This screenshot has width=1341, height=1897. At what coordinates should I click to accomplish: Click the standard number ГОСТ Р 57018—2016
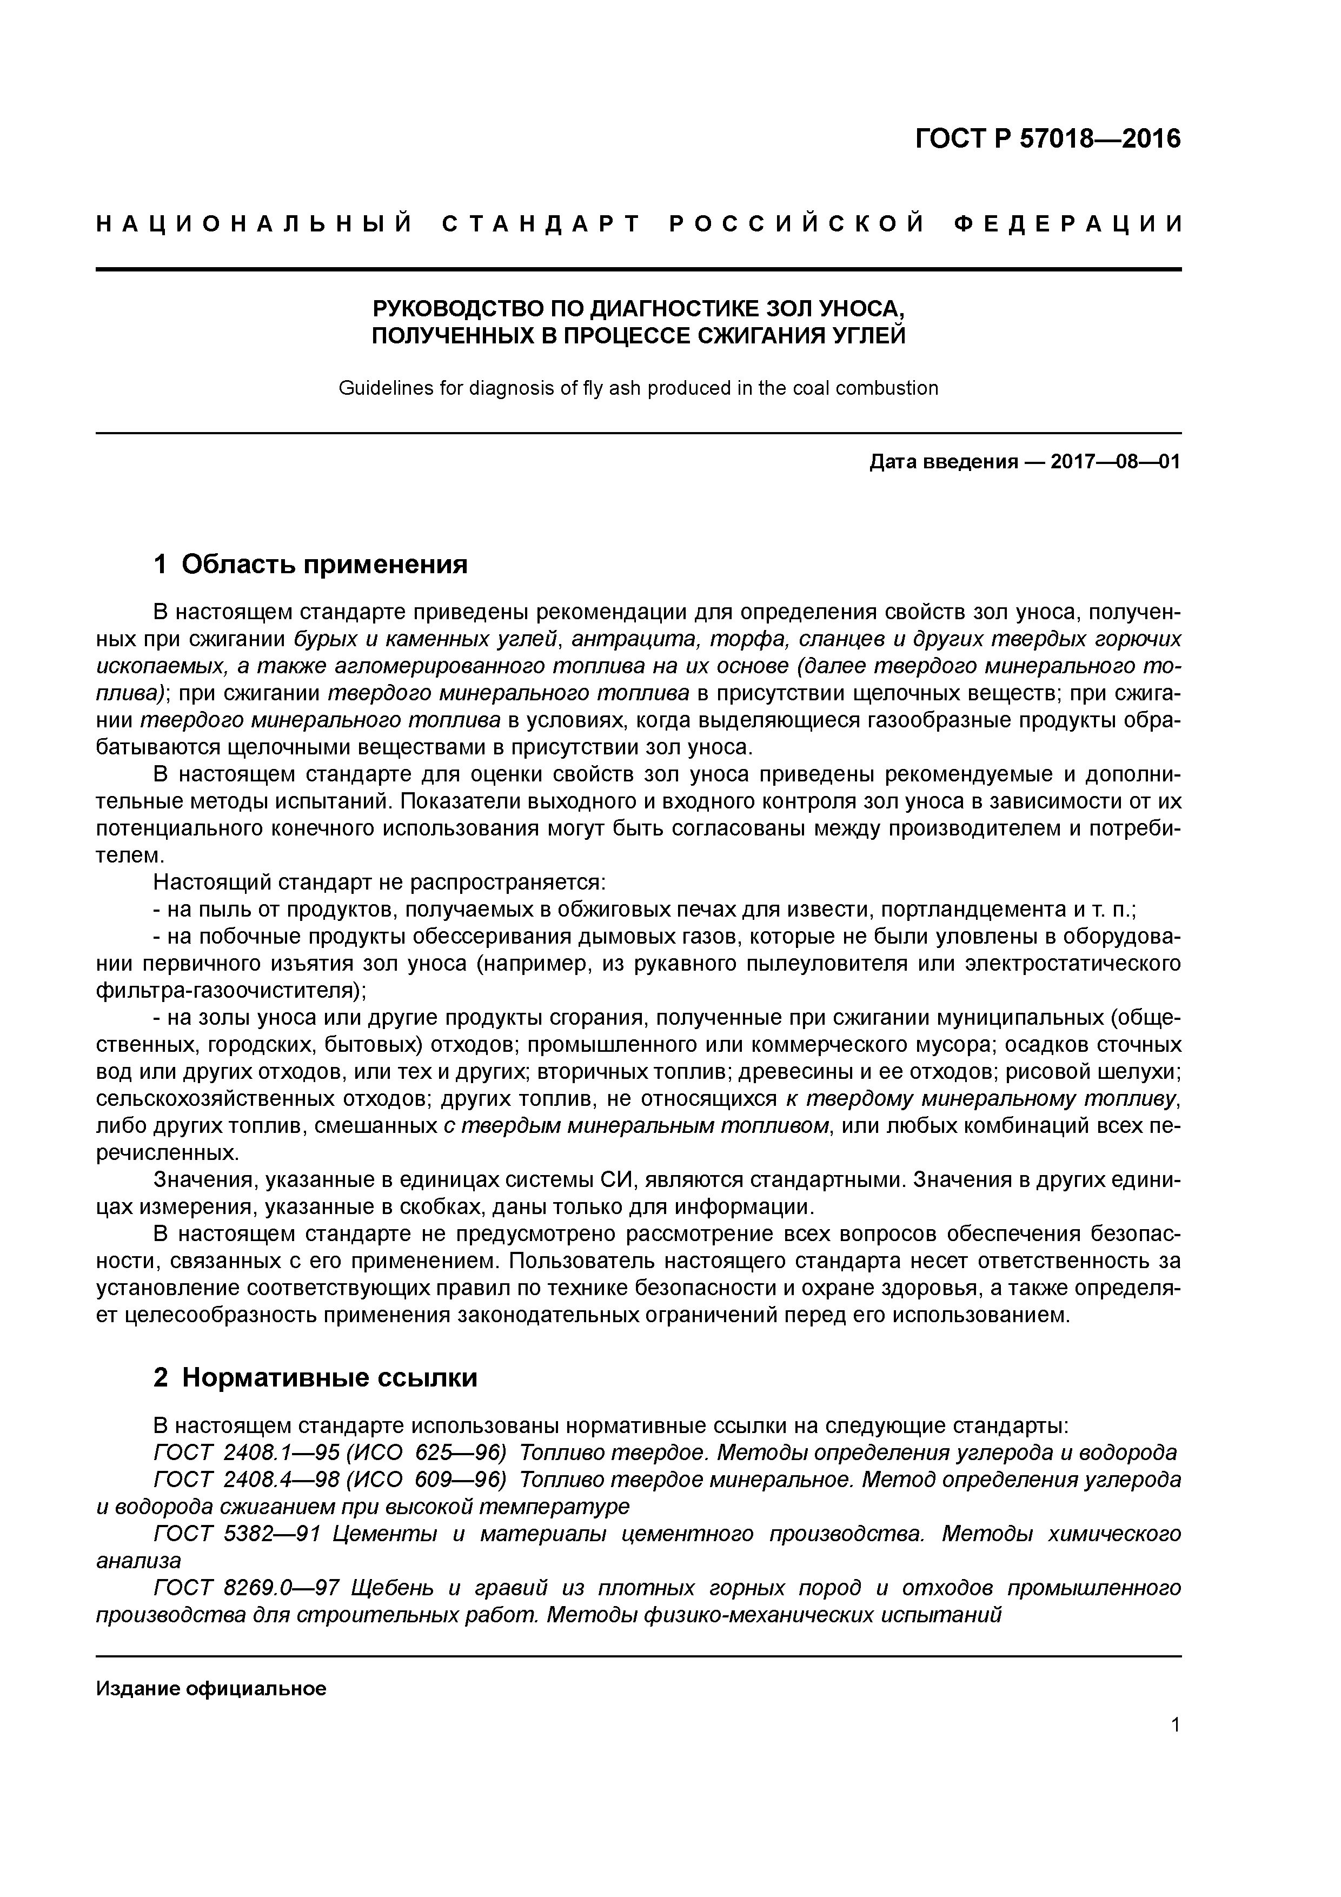pyautogui.click(x=1048, y=139)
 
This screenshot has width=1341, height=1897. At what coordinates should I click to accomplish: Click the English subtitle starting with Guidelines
pyautogui.click(x=638, y=388)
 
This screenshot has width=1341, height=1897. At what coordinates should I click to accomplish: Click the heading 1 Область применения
pyautogui.click(x=311, y=565)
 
